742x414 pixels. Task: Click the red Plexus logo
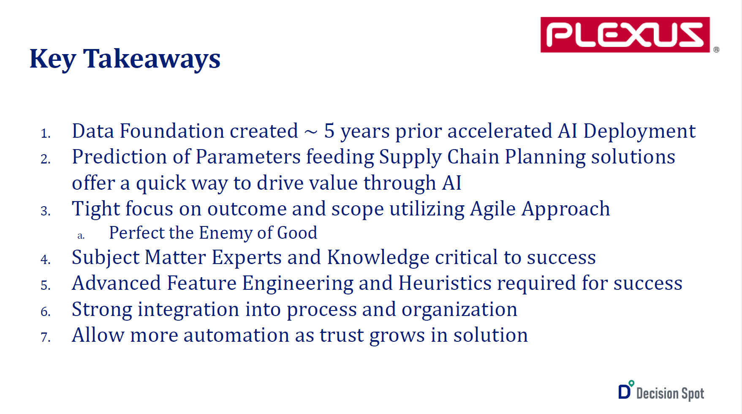click(625, 35)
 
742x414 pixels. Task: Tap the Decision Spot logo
click(661, 391)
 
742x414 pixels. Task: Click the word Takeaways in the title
click(152, 59)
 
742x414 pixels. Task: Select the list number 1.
click(46, 134)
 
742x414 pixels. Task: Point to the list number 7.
click(46, 338)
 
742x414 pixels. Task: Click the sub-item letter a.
click(81, 236)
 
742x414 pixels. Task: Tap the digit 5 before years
click(329, 131)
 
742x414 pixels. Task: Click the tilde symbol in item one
click(311, 132)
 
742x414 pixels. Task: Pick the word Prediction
click(120, 157)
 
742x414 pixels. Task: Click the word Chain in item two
click(473, 157)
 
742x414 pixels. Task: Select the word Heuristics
click(445, 283)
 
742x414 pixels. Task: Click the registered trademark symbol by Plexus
click(716, 49)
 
